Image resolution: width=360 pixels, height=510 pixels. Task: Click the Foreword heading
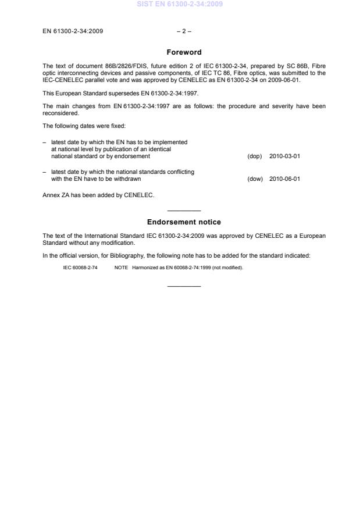[x=184, y=52]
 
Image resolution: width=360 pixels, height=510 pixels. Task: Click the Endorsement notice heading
[x=184, y=222]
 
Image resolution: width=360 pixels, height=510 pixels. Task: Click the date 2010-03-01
[x=285, y=156]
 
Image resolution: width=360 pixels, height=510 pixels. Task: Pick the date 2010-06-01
[x=285, y=179]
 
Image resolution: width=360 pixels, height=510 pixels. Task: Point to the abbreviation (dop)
[x=255, y=156]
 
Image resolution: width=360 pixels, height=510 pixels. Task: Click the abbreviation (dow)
[x=255, y=179]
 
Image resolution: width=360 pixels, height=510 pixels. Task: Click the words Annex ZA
[x=58, y=195]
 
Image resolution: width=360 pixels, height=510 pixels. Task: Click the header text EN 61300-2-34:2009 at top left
[x=73, y=31]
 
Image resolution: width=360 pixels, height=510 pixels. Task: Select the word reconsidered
[x=60, y=114]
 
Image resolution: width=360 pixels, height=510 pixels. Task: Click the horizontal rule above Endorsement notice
[x=184, y=211]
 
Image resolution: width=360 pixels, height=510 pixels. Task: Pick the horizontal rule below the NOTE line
[x=184, y=286]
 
